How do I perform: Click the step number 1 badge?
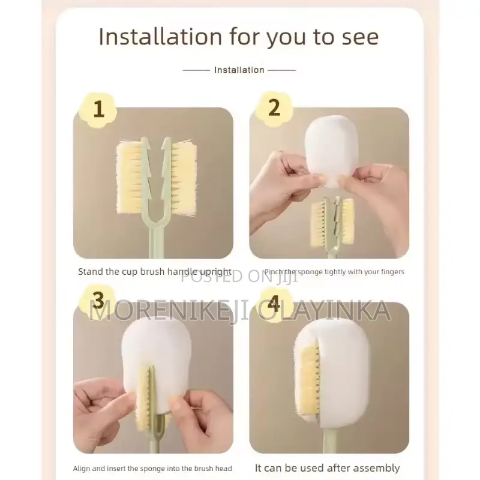pyautogui.click(x=98, y=109)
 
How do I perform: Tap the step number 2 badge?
pyautogui.click(x=274, y=109)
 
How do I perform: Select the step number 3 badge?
pyautogui.click(x=98, y=301)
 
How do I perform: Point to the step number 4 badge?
pyautogui.click(x=274, y=304)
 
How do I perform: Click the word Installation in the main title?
pyautogui.click(x=160, y=37)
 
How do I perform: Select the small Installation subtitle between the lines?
pyautogui.click(x=239, y=70)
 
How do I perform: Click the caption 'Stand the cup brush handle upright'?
pyautogui.click(x=155, y=272)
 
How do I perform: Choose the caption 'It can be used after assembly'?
pyautogui.click(x=327, y=468)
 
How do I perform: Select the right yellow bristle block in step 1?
pyautogui.click(x=182, y=178)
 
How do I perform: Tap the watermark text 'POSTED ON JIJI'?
pyautogui.click(x=239, y=277)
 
